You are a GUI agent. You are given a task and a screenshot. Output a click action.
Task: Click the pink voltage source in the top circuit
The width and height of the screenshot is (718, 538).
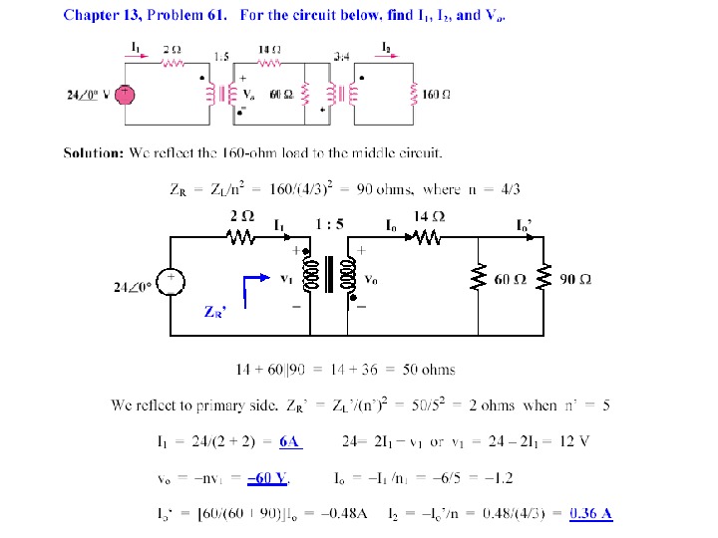point(125,94)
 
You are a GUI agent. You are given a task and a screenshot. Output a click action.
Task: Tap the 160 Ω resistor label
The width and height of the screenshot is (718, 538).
point(438,94)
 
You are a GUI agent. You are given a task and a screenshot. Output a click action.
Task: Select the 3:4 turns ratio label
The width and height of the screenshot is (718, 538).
point(342,56)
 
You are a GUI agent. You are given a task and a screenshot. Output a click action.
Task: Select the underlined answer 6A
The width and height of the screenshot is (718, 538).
point(290,441)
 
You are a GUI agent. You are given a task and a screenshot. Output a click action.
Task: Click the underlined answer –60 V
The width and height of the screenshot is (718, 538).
point(268,478)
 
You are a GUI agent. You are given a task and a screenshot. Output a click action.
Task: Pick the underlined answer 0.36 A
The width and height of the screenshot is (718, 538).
point(590,514)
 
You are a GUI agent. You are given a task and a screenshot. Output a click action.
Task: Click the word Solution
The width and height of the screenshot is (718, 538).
point(93,152)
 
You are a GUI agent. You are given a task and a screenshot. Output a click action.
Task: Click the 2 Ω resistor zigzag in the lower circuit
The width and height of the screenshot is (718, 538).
point(240,237)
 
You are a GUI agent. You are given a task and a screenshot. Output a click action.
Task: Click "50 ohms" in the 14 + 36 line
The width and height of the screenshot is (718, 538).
point(429,370)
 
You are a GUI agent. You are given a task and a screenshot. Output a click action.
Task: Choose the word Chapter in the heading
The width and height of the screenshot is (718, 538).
point(89,15)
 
